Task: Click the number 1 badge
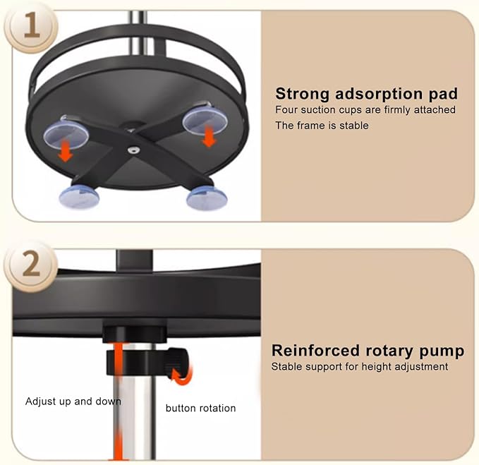tap(31, 28)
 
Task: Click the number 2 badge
tap(31, 267)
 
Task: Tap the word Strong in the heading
tap(302, 94)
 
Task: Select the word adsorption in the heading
tap(379, 94)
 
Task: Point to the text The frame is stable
tap(322, 126)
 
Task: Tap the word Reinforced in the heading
tap(315, 351)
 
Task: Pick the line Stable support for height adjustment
tap(360, 367)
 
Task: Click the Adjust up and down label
tap(73, 401)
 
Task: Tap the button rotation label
tap(201, 408)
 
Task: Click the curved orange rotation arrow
tap(184, 375)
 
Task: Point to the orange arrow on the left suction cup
tap(66, 151)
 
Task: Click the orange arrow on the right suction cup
tap(209, 137)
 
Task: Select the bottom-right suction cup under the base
tap(207, 198)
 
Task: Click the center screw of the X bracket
tap(133, 150)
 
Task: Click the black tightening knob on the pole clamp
tap(177, 363)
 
